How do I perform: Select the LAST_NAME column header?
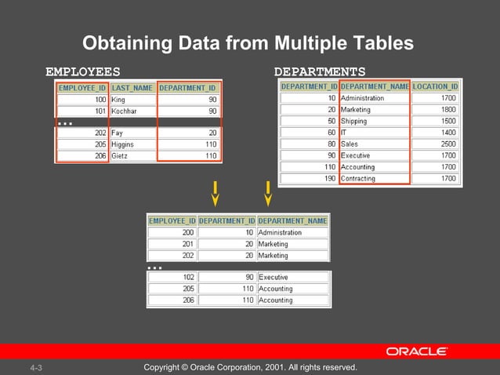[x=132, y=88]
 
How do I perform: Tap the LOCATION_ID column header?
[x=436, y=86]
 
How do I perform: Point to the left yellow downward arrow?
[x=215, y=194]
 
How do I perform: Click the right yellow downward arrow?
[x=268, y=194]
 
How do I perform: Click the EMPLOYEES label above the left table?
[x=83, y=71]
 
